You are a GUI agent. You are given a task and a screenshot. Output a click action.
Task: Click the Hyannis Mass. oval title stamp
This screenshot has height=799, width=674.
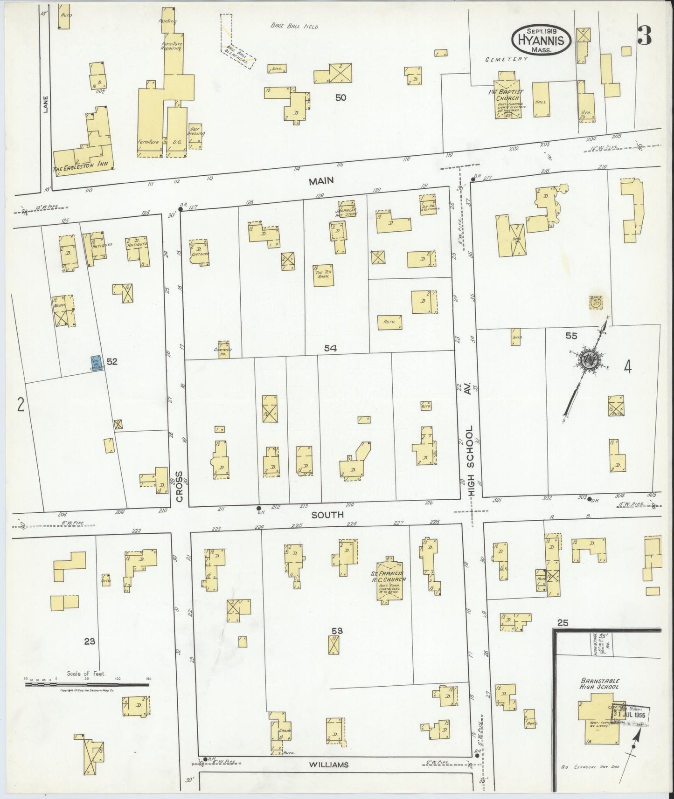[x=542, y=39]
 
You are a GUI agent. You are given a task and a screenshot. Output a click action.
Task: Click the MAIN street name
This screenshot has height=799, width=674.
[x=321, y=180]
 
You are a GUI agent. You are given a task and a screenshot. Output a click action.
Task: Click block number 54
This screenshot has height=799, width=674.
[x=331, y=347]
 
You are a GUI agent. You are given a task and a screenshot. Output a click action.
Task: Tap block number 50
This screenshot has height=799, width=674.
[x=340, y=97]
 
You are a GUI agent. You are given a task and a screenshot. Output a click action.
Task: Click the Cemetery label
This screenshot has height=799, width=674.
[x=506, y=59]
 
